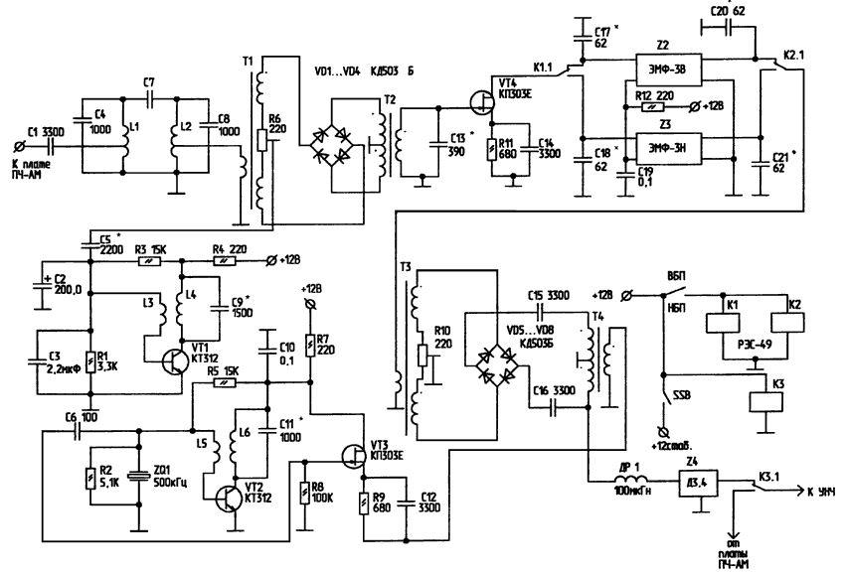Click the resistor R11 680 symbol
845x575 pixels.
coord(488,150)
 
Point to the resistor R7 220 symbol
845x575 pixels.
coord(312,344)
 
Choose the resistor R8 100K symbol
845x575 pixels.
coord(304,492)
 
